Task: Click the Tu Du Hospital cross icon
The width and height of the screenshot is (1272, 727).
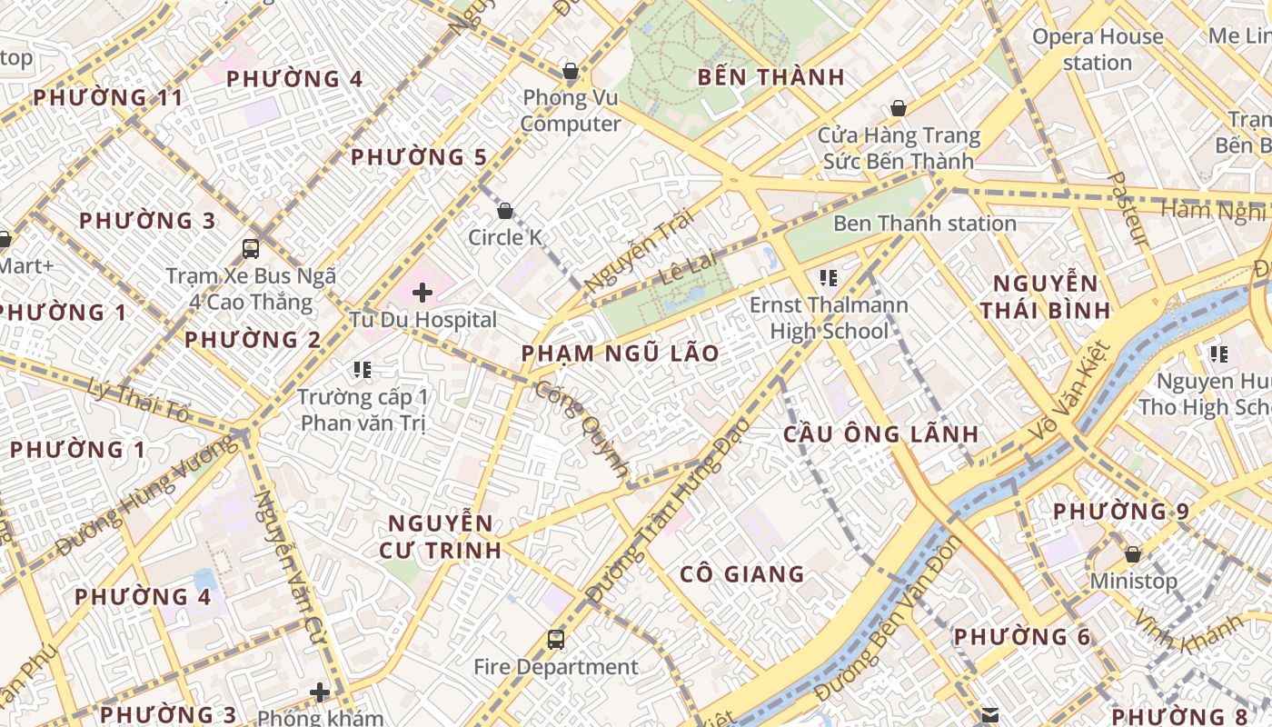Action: pyautogui.click(x=422, y=293)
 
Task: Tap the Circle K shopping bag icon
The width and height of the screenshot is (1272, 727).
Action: pyautogui.click(x=505, y=211)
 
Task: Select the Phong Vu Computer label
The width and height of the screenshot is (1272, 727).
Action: pyautogui.click(x=571, y=110)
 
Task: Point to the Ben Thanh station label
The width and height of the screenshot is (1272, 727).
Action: pyautogui.click(x=924, y=224)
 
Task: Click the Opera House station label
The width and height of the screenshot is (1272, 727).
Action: pyautogui.click(x=1098, y=49)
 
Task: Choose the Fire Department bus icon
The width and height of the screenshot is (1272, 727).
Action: pyautogui.click(x=556, y=640)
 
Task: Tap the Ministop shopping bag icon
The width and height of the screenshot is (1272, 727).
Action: pyautogui.click(x=1133, y=553)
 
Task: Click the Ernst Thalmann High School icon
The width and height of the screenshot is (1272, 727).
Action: pyautogui.click(x=828, y=277)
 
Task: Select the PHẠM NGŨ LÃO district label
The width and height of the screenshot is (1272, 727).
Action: pyautogui.click(x=621, y=353)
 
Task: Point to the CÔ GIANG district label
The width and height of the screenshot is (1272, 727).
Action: pyautogui.click(x=742, y=573)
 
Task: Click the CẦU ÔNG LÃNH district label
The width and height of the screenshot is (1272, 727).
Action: pyautogui.click(x=881, y=433)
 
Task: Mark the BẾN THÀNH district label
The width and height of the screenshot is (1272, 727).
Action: pyautogui.click(x=771, y=77)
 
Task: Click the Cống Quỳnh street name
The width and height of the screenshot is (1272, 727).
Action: pyautogui.click(x=581, y=429)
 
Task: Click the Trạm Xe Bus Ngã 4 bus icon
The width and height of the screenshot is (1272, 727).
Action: pyautogui.click(x=251, y=248)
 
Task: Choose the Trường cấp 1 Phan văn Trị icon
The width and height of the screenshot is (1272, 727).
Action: pyautogui.click(x=363, y=369)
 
